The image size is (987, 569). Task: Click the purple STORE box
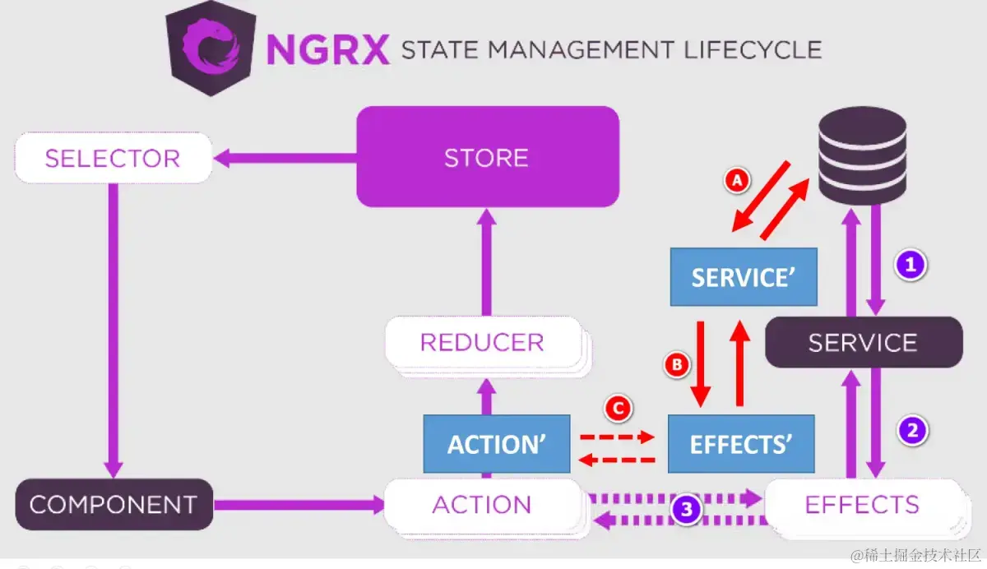click(x=487, y=157)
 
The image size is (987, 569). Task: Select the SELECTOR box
click(x=113, y=158)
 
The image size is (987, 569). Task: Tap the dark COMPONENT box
click(x=114, y=504)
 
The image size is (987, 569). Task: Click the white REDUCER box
click(x=482, y=342)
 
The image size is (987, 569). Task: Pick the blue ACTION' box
click(x=497, y=444)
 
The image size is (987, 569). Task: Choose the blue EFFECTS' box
click(x=740, y=444)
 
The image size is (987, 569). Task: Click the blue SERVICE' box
click(x=744, y=277)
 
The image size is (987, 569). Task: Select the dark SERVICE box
click(x=863, y=342)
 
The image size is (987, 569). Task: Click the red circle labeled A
click(x=737, y=181)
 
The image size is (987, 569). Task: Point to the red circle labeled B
click(x=677, y=364)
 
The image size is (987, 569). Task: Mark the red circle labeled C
click(x=618, y=407)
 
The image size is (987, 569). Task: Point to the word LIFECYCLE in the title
click(x=752, y=49)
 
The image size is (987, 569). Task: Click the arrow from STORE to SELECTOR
click(x=284, y=158)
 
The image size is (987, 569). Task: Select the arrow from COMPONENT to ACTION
click(x=298, y=505)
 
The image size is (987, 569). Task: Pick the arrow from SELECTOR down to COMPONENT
click(x=114, y=329)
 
